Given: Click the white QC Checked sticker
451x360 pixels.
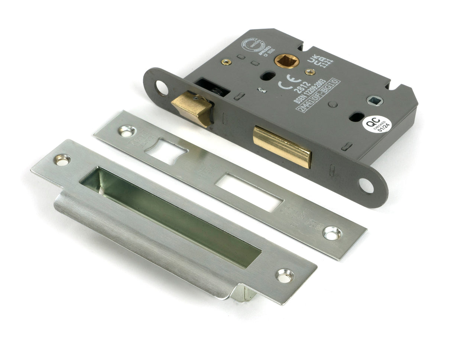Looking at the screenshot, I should [376, 124].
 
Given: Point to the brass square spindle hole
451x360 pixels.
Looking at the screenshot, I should [283, 60].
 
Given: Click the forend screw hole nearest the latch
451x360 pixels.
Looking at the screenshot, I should [162, 87].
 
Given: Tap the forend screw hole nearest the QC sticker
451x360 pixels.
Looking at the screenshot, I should [366, 185].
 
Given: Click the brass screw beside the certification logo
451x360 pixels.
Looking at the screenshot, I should [226, 62].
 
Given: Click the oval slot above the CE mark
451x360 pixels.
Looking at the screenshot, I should [267, 76].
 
